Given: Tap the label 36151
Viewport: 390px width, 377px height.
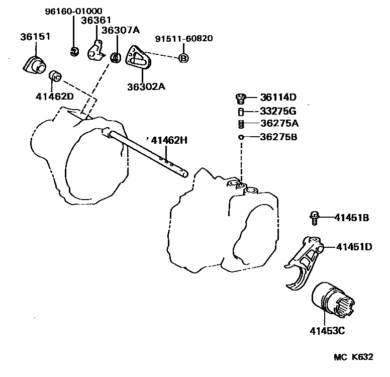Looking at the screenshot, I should tap(32, 37).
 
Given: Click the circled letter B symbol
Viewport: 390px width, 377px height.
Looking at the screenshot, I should tap(183, 58).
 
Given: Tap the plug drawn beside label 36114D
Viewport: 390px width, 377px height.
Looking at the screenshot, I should tap(241, 97).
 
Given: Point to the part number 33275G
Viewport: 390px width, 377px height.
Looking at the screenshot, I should tap(278, 111).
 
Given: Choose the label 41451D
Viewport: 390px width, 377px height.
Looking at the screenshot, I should tap(354, 247).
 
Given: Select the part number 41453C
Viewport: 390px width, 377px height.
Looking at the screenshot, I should tap(327, 331).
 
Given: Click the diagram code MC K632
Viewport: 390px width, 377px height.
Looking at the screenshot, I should tap(354, 357).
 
